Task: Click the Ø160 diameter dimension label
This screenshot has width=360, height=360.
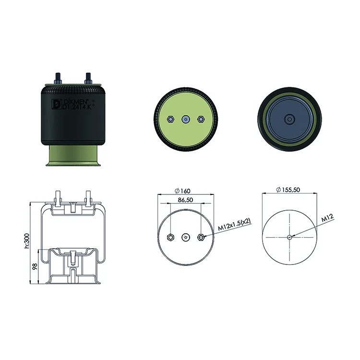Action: pos(182,191)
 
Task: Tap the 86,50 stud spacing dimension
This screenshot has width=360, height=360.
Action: pos(185,200)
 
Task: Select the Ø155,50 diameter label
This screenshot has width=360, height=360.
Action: pos(288,190)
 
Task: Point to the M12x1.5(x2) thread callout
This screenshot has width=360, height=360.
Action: pos(234,225)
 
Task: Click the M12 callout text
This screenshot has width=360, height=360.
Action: pos(327,218)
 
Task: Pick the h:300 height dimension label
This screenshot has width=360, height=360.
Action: pos(27,241)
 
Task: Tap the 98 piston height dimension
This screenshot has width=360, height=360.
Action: pos(35,266)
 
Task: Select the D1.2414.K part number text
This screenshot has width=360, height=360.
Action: pos(77,107)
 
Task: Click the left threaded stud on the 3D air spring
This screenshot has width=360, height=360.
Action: pos(58,79)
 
